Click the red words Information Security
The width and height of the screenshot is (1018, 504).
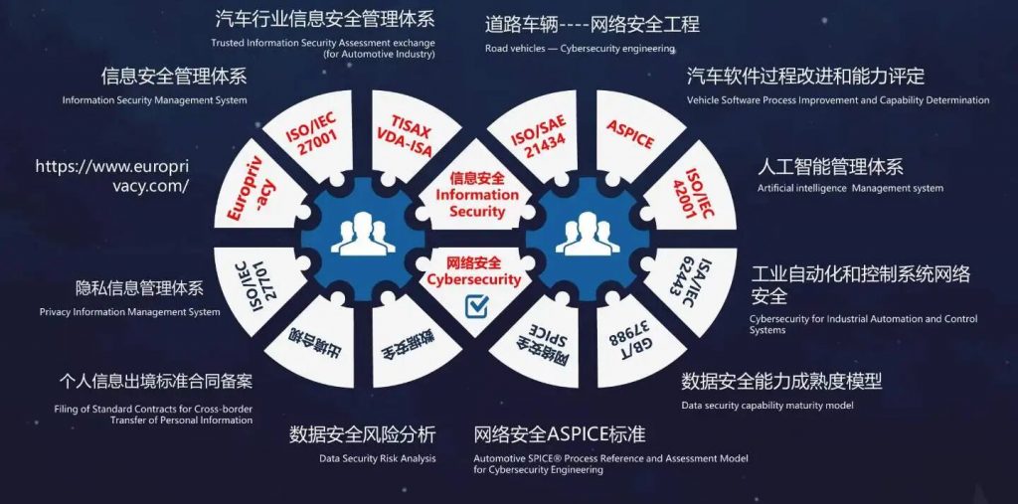pyautogui.click(x=477, y=195)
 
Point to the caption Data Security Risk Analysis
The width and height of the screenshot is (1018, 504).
pyautogui.click(x=378, y=459)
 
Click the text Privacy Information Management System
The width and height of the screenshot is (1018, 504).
pyautogui.click(x=130, y=312)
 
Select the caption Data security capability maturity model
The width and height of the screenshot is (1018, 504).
pyautogui.click(x=767, y=406)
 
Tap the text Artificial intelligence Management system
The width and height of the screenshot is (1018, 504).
pyautogui.click(x=850, y=188)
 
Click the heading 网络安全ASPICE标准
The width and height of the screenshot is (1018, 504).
pyautogui.click(x=560, y=434)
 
